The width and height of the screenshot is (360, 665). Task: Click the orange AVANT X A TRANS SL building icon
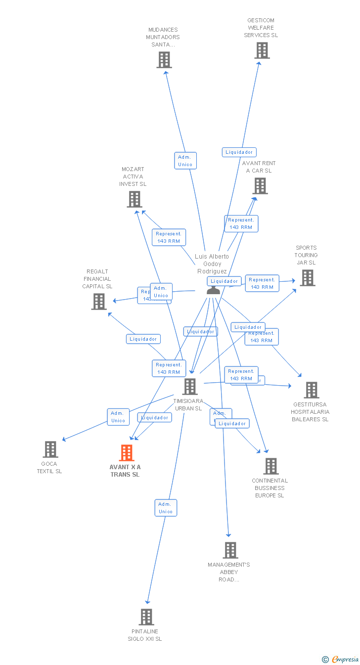click(127, 453)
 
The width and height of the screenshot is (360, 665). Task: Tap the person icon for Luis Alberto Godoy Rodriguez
click(213, 290)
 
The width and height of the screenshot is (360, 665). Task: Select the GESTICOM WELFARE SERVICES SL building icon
click(262, 50)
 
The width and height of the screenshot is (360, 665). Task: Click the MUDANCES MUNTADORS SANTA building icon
click(164, 60)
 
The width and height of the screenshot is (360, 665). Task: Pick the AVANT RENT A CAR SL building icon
click(260, 186)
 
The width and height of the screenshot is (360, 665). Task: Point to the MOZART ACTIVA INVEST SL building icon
click(135, 199)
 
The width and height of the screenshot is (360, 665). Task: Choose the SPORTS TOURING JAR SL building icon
click(308, 278)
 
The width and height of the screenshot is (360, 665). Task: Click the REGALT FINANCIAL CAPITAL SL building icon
click(99, 302)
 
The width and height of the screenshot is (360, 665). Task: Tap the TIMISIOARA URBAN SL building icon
click(190, 387)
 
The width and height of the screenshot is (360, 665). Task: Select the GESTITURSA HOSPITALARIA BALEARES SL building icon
click(311, 390)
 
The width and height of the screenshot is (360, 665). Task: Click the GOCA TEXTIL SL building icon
click(50, 449)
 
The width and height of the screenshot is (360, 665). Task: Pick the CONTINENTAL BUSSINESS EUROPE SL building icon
click(270, 466)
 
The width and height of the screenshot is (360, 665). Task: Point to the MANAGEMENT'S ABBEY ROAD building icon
click(230, 550)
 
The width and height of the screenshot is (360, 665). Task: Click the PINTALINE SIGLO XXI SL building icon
click(146, 617)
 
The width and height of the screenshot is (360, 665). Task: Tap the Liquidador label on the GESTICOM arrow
click(239, 152)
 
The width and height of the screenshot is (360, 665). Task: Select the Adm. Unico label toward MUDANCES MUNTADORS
click(185, 161)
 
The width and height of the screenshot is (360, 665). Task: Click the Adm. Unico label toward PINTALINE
click(166, 508)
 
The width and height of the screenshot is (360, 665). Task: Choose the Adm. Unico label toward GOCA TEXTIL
click(118, 417)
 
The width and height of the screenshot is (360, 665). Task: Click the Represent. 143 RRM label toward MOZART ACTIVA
click(169, 237)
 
